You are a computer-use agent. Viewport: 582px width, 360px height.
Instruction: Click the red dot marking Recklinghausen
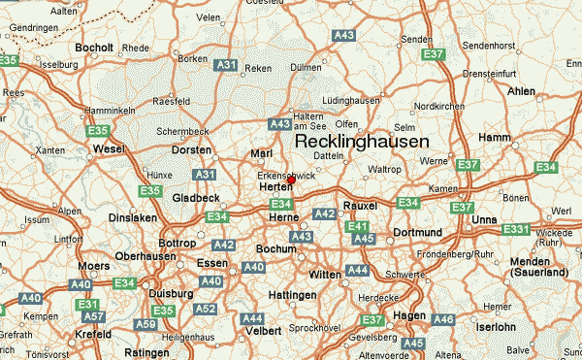[291, 180]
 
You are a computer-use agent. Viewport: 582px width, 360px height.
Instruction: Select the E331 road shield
[516, 230]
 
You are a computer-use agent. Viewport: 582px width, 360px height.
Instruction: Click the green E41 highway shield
[356, 227]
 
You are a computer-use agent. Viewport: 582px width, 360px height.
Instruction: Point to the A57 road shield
[94, 316]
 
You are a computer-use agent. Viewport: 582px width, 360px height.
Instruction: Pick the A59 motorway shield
[145, 324]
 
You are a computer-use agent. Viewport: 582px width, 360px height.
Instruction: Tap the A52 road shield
[205, 310]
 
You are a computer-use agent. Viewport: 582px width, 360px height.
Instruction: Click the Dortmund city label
[418, 233]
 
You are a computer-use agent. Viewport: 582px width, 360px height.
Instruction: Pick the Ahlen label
[522, 90]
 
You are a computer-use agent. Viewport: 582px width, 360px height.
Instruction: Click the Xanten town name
[50, 150]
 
